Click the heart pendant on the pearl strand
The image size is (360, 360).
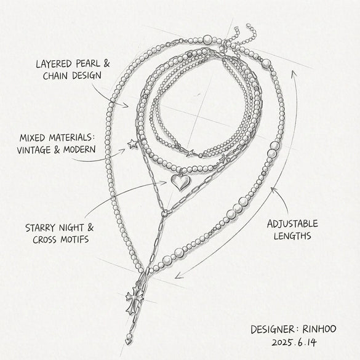181,182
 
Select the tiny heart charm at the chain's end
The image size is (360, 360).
128,342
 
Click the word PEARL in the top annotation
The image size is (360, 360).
88,63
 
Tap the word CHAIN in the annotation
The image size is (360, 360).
57,76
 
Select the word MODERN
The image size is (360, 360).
79,150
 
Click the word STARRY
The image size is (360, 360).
41,228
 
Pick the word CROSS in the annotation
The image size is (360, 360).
46,240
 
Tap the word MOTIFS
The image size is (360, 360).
74,239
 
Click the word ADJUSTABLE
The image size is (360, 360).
292,224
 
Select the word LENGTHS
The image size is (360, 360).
292,236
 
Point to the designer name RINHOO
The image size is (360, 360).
319,329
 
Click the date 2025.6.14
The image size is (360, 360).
294,343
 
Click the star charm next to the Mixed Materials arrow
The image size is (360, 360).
132,144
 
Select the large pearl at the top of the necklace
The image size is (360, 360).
207,40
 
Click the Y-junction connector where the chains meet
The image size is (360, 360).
165,214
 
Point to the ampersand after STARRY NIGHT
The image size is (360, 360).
90,228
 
